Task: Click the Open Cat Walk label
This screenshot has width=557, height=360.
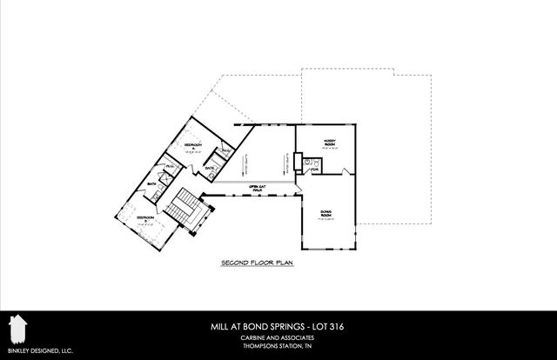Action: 258,189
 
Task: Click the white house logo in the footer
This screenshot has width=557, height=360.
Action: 15,330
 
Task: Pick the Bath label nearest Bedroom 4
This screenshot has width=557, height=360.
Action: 209,170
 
